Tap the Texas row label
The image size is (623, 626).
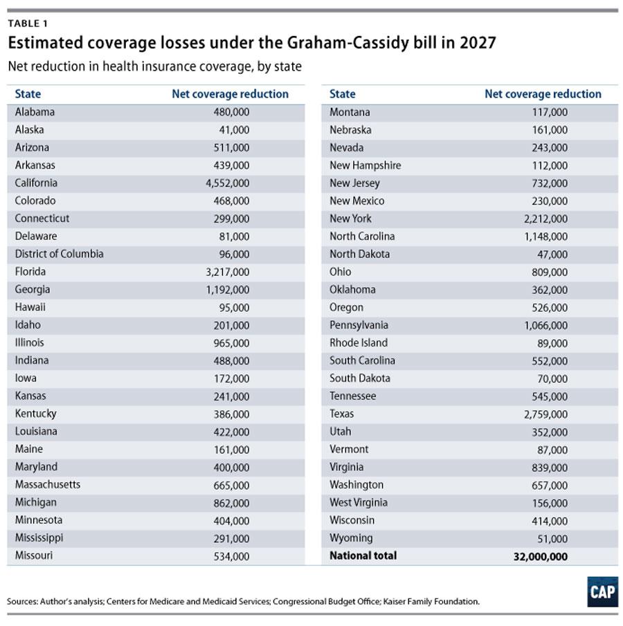(x=341, y=414)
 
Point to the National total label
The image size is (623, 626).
(x=363, y=555)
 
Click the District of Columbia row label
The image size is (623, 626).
(x=59, y=254)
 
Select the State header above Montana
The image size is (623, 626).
(x=342, y=94)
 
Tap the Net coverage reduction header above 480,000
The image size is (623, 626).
(x=230, y=94)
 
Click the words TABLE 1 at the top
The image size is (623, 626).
(x=28, y=24)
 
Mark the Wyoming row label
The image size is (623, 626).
(x=350, y=537)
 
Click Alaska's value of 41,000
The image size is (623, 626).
(x=235, y=130)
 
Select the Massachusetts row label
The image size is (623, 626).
(x=48, y=484)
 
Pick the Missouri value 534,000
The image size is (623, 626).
(x=231, y=555)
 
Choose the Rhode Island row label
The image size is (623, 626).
(x=359, y=342)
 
